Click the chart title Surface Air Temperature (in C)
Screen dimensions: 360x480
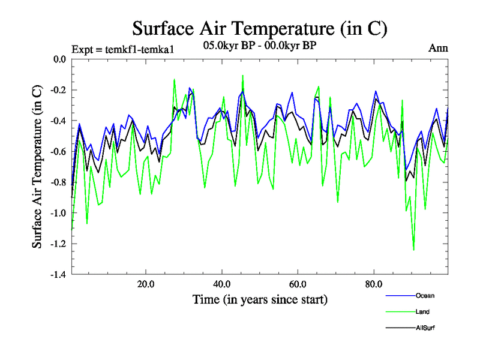260,28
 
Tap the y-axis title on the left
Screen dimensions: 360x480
37,167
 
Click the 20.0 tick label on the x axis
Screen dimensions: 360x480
146,284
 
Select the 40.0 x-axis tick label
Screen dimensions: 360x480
222,284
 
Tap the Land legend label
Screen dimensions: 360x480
422,311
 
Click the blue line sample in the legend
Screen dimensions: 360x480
399,296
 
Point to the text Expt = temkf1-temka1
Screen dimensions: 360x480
122,49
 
